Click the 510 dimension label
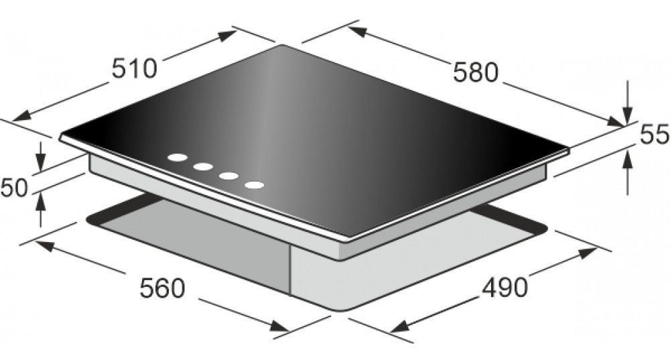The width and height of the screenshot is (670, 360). coord(135,68)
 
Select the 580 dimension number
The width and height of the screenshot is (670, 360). coord(476,72)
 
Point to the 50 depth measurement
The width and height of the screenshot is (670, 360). coord(14,188)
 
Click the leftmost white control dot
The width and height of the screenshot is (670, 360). coord(178,158)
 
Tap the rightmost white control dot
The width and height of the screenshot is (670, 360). coord(255,185)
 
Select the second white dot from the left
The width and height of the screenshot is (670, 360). coord(203,167)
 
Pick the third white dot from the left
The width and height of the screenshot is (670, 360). coord(229,176)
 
